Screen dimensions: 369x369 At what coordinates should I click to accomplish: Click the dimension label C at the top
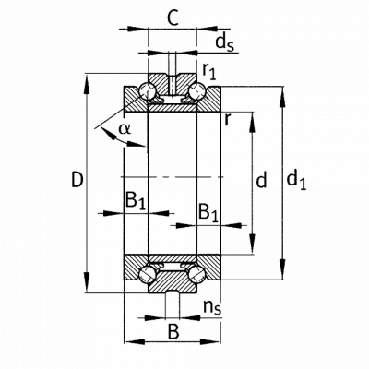[173, 18]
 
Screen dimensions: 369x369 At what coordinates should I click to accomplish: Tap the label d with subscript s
[224, 42]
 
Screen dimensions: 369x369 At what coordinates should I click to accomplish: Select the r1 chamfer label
[209, 72]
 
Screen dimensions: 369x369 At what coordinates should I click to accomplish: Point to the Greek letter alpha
[125, 129]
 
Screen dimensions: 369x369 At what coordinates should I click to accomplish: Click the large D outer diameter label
[77, 180]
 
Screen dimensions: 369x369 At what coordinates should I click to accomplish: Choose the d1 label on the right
[296, 181]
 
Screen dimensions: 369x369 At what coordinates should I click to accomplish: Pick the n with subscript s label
[212, 308]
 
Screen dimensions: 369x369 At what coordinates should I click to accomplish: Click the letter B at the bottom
[173, 331]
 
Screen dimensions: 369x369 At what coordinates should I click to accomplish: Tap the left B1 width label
[135, 201]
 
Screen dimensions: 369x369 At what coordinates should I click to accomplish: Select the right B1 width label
[208, 213]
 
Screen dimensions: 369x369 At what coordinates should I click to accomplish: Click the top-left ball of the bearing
[148, 91]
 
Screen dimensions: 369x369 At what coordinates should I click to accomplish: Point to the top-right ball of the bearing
[196, 91]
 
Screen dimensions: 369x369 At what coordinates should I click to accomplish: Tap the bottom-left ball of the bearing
[148, 274]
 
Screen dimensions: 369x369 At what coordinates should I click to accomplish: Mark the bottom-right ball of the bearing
[196, 274]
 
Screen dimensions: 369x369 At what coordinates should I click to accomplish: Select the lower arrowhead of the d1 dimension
[283, 270]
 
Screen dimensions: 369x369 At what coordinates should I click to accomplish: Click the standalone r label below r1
[227, 120]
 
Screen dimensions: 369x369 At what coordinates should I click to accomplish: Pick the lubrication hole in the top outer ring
[173, 85]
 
